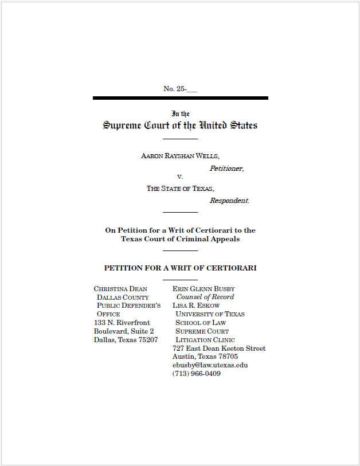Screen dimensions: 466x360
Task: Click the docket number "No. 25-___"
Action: coord(180,89)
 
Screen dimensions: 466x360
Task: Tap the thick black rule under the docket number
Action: coord(180,98)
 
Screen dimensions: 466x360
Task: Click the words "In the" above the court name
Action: coord(180,114)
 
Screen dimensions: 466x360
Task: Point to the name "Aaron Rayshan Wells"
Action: coord(180,156)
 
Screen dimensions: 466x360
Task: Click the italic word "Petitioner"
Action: coord(226,169)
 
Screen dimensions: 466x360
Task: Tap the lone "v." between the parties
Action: coord(180,177)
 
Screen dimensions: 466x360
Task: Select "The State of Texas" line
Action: coord(180,189)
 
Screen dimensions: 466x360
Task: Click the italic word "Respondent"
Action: coord(229,201)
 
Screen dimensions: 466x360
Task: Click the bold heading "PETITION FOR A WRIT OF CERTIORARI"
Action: coord(180,268)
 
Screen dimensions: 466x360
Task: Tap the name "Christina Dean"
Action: coord(120,289)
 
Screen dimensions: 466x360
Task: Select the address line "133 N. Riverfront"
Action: coord(122,323)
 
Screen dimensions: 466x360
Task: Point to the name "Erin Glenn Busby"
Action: coord(204,289)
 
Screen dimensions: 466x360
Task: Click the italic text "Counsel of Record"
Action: coord(205,297)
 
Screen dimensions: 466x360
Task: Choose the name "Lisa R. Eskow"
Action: coord(196,306)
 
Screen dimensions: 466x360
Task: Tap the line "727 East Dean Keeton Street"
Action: coord(218,348)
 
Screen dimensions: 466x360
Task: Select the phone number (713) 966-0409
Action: coord(196,374)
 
